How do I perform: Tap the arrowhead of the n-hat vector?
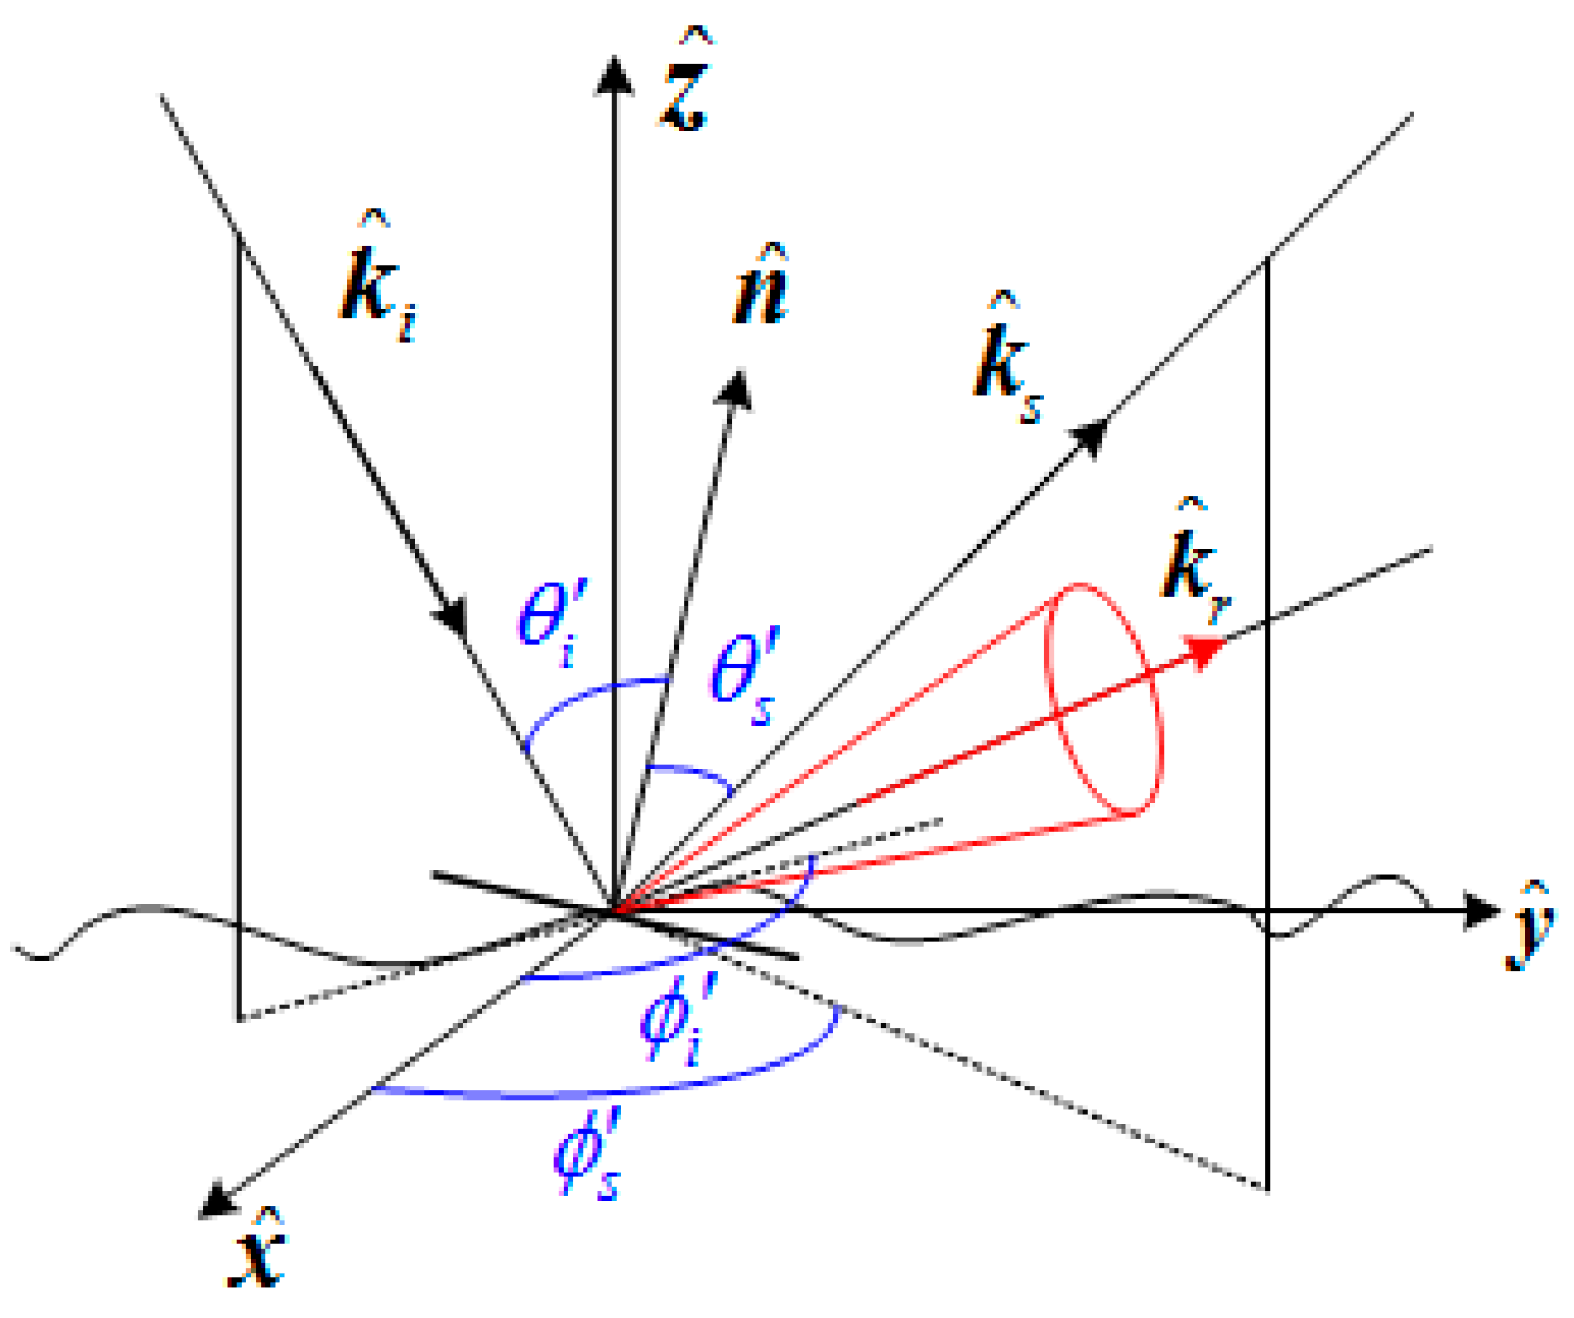coord(736,390)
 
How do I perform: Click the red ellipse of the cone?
coord(1103,699)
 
